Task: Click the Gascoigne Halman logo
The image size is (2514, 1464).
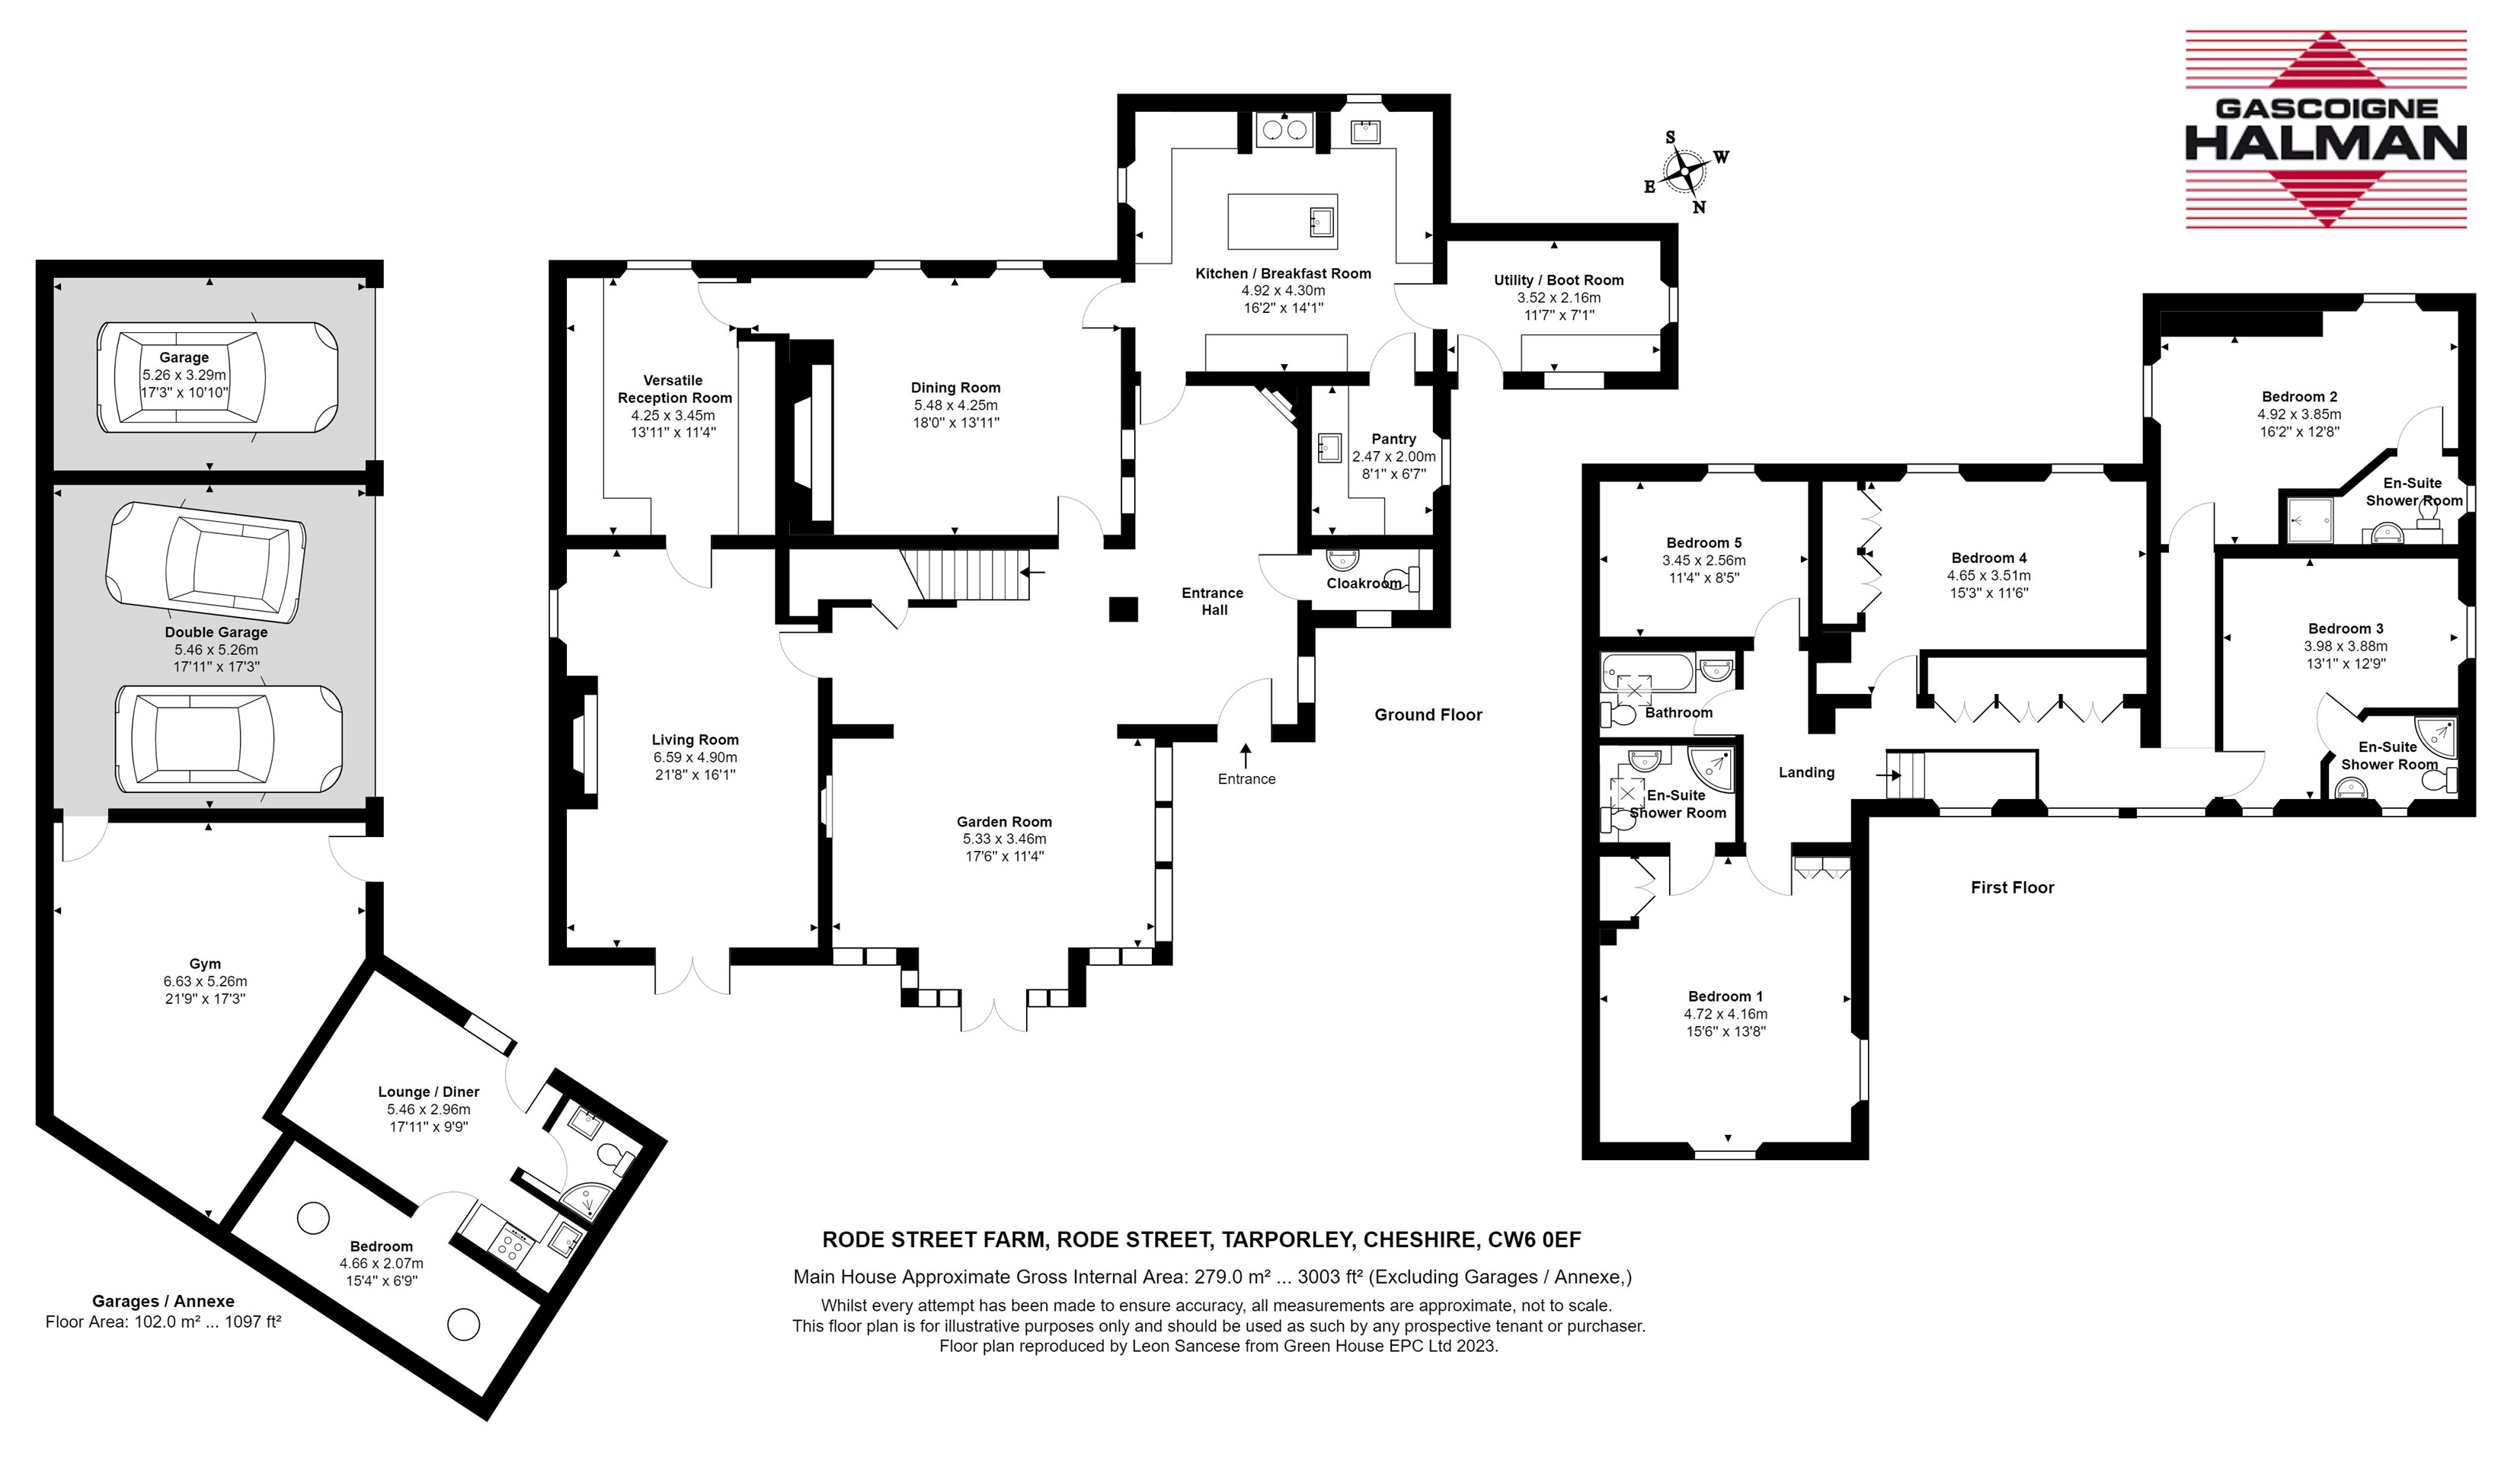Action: (2325, 129)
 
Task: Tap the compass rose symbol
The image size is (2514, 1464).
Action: (1686, 171)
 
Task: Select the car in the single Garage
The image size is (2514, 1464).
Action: (217, 377)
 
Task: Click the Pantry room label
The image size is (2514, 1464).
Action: (1393, 439)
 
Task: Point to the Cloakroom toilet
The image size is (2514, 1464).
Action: (1406, 578)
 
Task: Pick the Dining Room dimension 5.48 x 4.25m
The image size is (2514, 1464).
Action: (956, 405)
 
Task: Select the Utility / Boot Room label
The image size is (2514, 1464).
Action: (1558, 280)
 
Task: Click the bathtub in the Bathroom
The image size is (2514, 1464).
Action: (1648, 674)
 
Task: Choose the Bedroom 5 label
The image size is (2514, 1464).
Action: (1704, 542)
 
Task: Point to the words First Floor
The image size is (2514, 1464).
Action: (2012, 887)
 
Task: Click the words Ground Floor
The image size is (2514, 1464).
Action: (1428, 715)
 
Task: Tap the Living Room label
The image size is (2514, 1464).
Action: (696, 740)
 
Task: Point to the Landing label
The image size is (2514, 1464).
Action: (1807, 773)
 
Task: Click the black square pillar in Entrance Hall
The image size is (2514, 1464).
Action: (1124, 609)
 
